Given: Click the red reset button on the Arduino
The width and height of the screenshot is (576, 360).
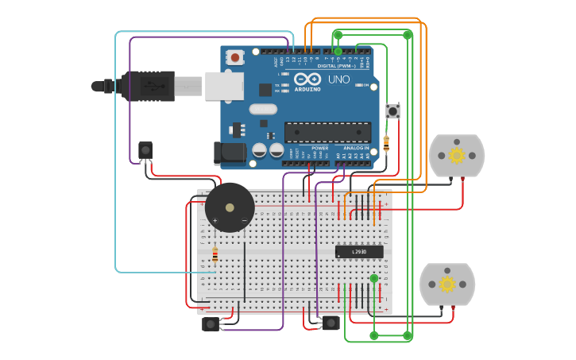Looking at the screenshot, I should (235, 57).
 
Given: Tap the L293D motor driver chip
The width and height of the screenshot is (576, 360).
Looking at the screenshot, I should (359, 252).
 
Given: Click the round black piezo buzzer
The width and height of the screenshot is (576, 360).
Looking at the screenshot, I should (230, 207).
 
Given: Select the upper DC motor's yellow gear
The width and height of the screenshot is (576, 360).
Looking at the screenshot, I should (457, 155).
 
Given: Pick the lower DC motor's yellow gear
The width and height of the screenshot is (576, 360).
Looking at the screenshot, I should (447, 284).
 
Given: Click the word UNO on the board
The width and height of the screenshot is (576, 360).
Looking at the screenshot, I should (338, 79).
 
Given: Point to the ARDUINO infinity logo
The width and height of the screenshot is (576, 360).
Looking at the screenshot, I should (307, 79).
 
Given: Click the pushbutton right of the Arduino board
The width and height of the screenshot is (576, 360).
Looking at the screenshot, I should (392, 111).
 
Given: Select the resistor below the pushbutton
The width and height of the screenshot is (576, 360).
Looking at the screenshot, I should (386, 144).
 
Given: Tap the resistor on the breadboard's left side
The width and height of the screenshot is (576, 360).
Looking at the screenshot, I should (215, 255).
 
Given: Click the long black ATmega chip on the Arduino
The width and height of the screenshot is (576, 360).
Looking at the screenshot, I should (327, 132).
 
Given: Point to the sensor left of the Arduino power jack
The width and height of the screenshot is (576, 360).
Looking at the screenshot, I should (145, 150).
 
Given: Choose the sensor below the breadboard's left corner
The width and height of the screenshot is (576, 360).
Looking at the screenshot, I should (211, 323).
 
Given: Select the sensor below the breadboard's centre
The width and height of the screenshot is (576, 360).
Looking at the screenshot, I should (331, 322).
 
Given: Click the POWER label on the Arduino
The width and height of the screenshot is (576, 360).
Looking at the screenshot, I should (319, 148).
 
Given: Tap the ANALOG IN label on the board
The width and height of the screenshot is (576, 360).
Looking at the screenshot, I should (356, 148).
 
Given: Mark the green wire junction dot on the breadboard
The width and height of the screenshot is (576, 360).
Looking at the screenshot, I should (373, 278).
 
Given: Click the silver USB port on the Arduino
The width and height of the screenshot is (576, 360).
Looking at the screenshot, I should (224, 86).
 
